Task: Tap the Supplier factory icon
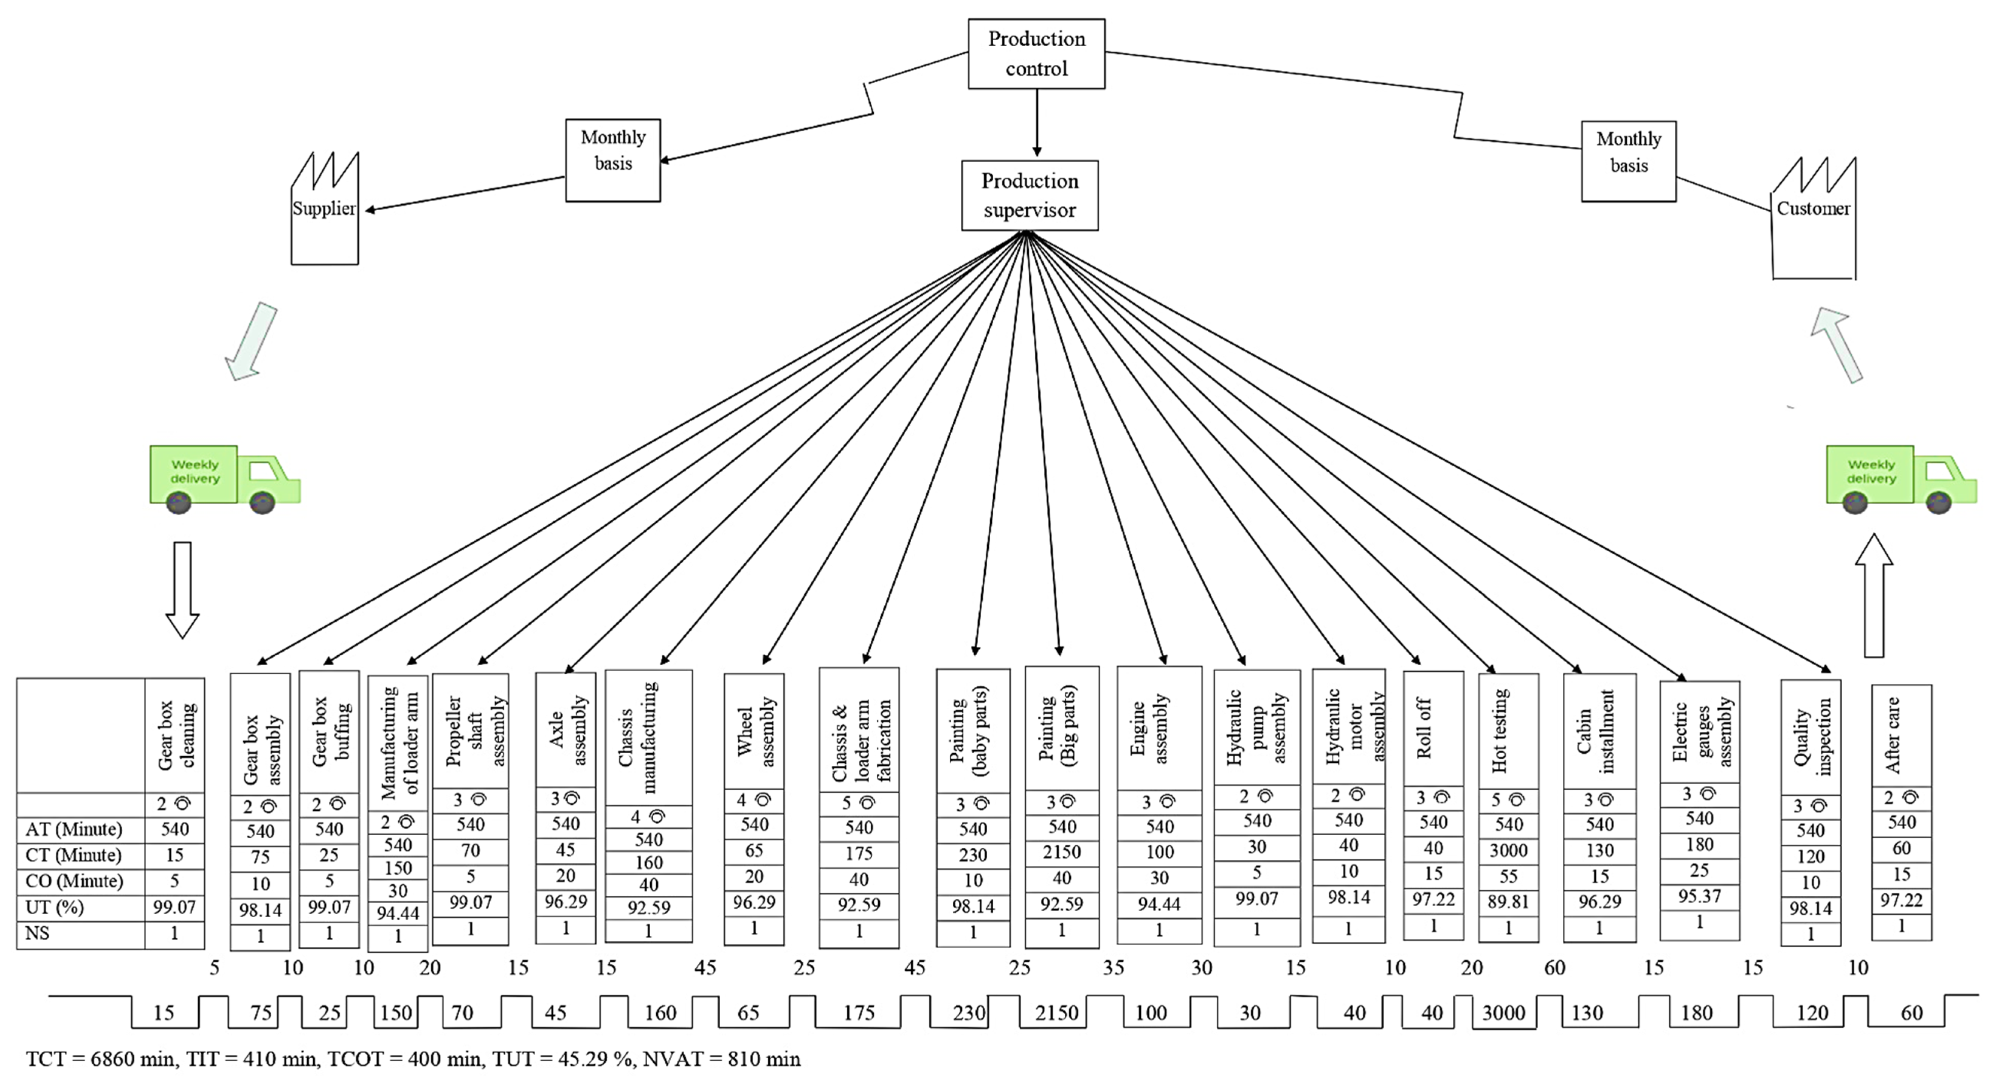(x=325, y=209)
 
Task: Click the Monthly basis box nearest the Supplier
(x=613, y=161)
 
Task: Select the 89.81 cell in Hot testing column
(x=1508, y=902)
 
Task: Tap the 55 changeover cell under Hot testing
(x=1508, y=877)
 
